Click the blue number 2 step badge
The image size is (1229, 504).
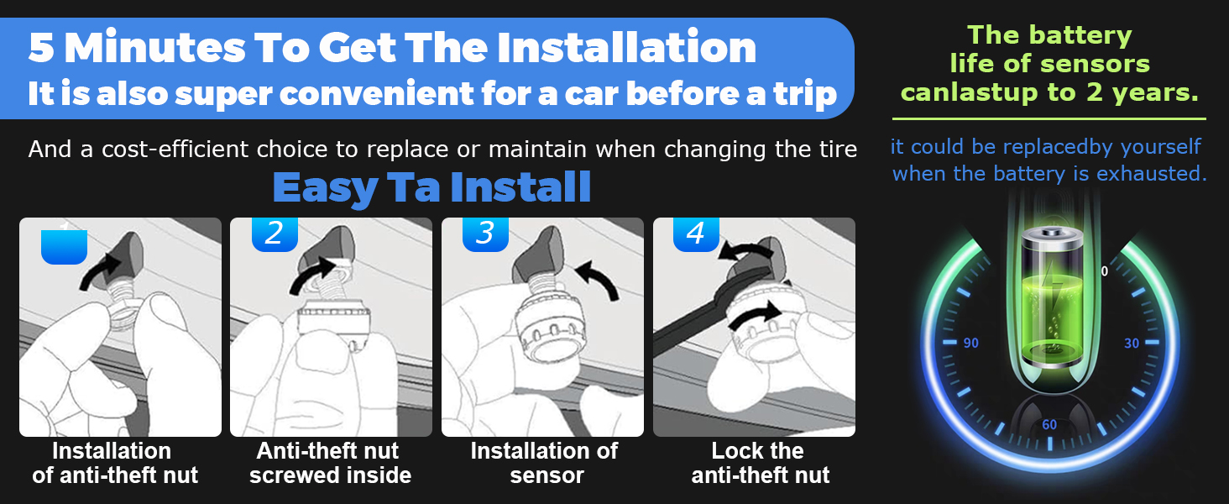275,234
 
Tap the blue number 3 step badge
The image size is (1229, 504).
485,234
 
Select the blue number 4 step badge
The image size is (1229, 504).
696,234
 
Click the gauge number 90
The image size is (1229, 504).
970,343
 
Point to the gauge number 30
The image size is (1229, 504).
1132,343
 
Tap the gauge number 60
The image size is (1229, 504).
1049,424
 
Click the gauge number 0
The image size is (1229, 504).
1105,271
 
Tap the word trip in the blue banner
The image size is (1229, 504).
805,94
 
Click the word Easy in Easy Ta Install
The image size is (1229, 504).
325,189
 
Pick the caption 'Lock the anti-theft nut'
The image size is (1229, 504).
760,463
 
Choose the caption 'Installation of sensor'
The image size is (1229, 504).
545,463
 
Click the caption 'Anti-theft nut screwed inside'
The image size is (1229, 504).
330,463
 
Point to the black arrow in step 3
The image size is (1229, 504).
599,279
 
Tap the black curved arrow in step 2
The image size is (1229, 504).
311,276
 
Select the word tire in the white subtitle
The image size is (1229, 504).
839,149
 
